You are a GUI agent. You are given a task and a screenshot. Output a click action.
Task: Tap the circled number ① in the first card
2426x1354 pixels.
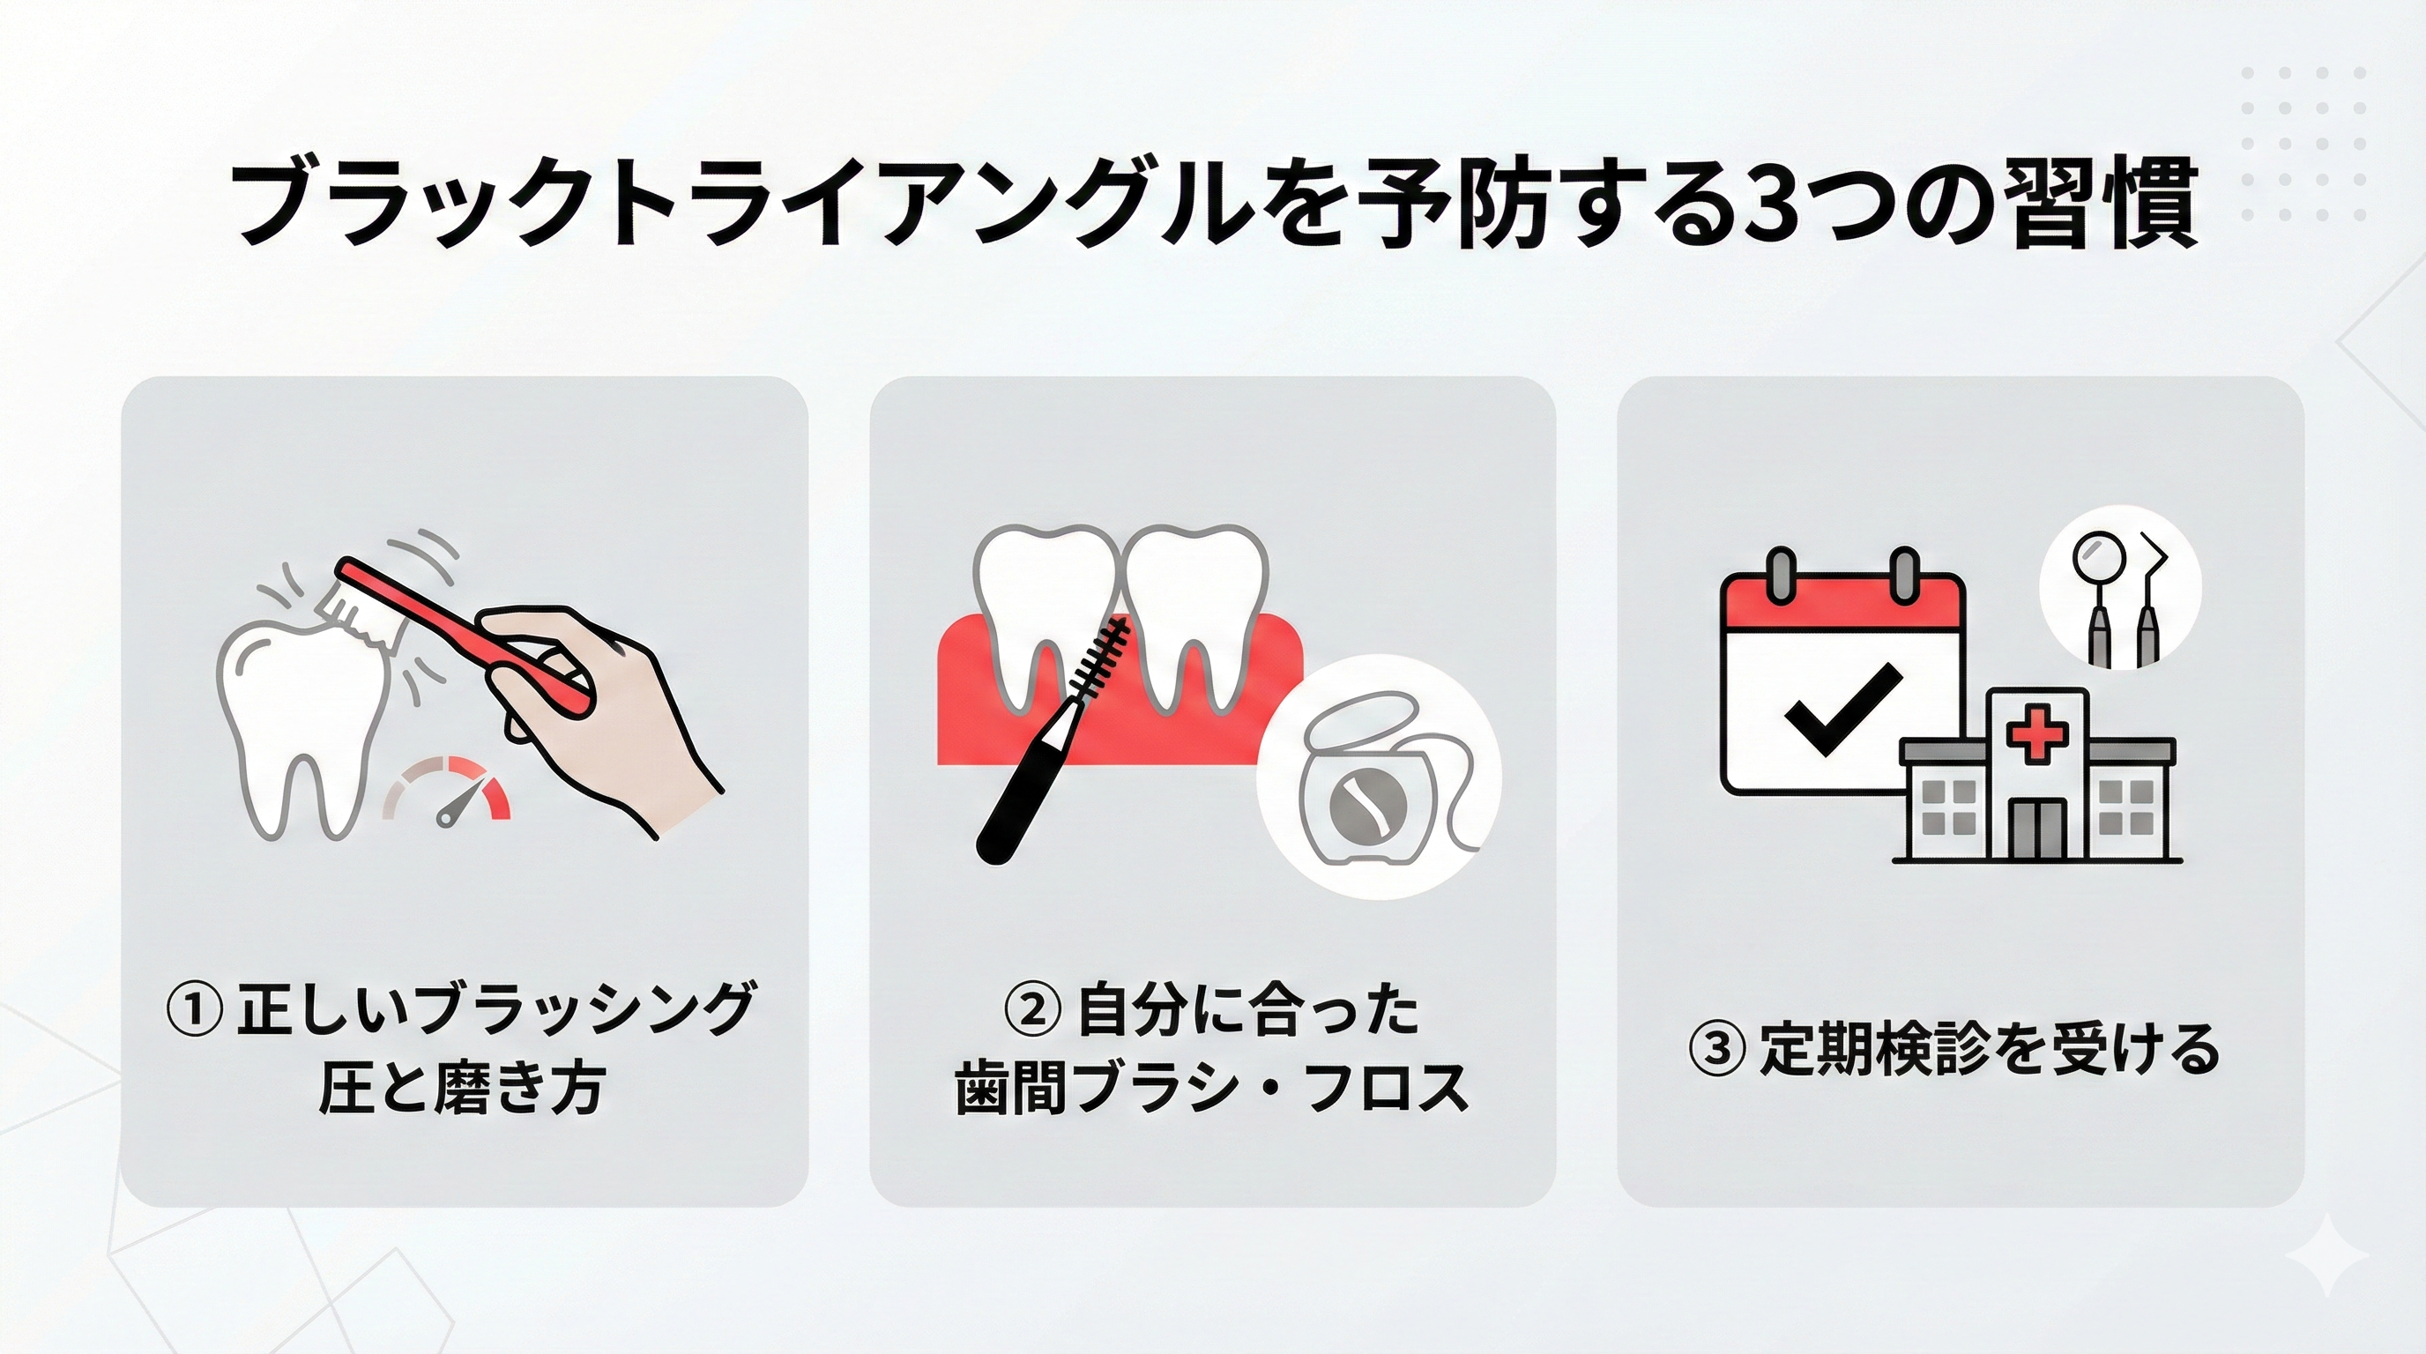point(195,1008)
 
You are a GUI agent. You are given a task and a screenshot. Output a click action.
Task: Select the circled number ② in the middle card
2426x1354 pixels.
point(1033,1008)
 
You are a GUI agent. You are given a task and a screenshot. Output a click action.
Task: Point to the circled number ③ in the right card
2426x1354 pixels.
point(1717,1048)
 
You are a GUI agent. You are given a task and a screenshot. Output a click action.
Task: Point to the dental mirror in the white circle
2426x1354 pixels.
point(2097,603)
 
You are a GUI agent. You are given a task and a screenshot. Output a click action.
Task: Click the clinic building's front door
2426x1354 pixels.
point(2037,829)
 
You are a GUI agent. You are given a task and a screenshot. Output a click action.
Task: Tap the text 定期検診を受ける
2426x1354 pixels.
point(1987,1048)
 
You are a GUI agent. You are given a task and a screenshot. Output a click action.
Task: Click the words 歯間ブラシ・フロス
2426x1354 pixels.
point(1212,1090)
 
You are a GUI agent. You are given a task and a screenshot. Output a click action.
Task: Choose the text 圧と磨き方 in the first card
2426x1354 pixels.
point(460,1090)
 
